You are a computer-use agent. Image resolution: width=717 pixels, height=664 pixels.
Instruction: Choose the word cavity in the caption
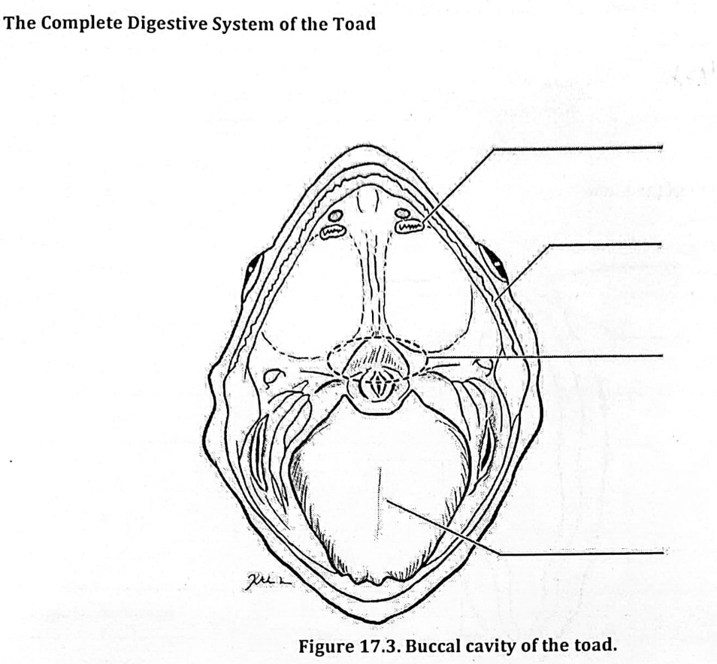coord(489,647)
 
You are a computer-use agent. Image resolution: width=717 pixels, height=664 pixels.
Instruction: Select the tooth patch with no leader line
coord(331,232)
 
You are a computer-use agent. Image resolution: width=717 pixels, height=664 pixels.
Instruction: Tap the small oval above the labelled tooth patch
coord(403,213)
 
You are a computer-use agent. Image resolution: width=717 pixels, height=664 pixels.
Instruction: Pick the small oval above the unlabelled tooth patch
coord(336,216)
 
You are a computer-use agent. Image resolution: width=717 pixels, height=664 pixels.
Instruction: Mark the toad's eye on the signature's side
coord(252,268)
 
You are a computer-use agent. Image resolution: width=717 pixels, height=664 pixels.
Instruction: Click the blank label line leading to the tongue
coord(582,553)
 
